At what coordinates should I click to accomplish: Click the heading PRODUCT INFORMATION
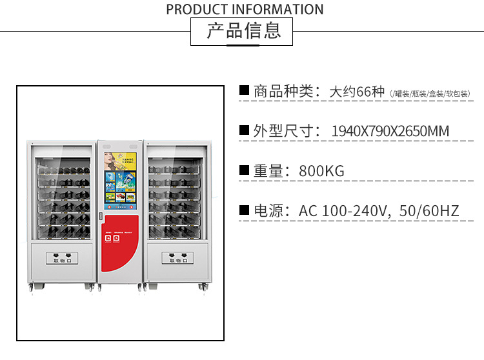tap(245, 9)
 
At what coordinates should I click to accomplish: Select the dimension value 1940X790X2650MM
tap(390, 132)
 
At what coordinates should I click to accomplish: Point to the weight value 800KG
tap(321, 171)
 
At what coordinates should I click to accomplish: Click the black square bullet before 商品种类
tap(244, 90)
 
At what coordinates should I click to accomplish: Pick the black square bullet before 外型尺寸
tap(244, 130)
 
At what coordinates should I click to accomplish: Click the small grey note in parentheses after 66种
tap(430, 94)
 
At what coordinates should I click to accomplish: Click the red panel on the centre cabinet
tap(121, 248)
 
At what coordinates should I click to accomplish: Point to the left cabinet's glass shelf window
tap(63, 194)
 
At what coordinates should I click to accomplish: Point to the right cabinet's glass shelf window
tap(176, 194)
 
